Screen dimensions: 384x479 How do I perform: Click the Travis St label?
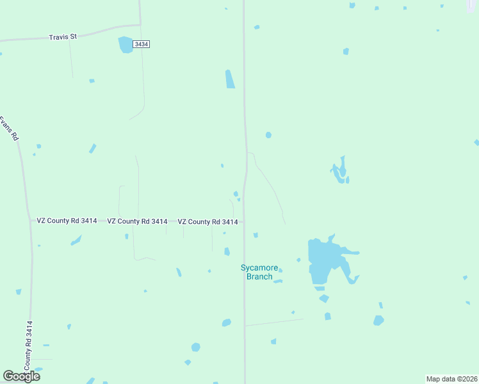click(63, 37)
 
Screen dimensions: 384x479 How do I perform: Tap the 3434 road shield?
click(142, 44)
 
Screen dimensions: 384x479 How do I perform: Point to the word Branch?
click(259, 276)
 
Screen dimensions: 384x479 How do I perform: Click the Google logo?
click(21, 376)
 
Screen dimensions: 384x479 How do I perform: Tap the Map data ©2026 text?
click(451, 379)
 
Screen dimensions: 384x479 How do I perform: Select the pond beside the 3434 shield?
click(126, 44)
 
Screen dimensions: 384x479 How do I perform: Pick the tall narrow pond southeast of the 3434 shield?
click(230, 79)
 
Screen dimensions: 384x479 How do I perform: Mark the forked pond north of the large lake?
click(340, 171)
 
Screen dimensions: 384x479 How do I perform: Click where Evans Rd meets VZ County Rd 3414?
click(30, 221)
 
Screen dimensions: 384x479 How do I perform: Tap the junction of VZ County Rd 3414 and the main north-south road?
click(244, 222)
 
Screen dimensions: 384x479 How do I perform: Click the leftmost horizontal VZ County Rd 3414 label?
click(67, 221)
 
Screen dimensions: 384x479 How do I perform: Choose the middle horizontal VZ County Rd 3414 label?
click(137, 221)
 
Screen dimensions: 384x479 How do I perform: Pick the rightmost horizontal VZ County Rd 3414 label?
click(207, 222)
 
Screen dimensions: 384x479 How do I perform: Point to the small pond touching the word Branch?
click(278, 280)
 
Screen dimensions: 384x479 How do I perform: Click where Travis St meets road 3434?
click(140, 25)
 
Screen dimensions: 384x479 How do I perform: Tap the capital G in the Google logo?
click(8, 376)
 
